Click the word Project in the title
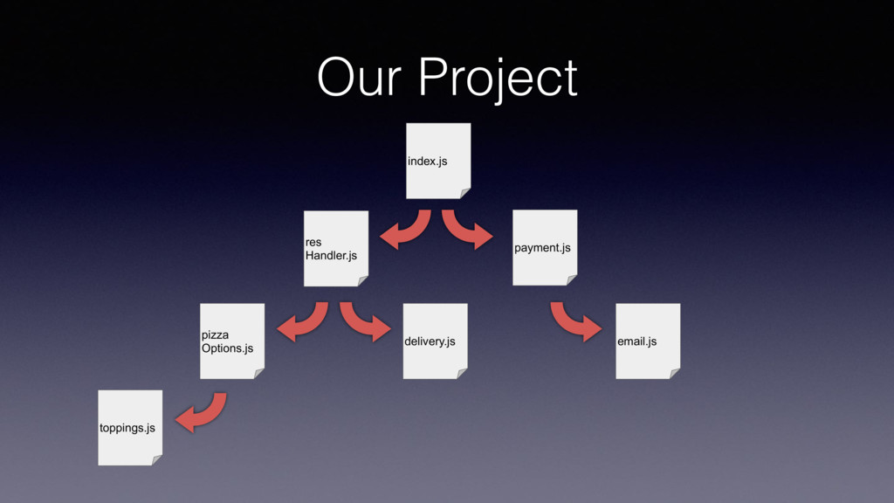point(498,79)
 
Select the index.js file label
point(427,162)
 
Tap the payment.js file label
point(542,248)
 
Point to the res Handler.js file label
point(331,249)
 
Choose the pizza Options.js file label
point(227,341)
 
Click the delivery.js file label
point(430,341)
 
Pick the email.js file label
point(636,341)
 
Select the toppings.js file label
point(127,428)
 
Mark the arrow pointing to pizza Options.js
point(304,323)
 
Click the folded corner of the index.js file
point(464,193)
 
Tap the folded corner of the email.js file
point(674,373)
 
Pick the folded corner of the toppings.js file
point(156,459)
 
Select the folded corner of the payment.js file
point(571,279)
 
